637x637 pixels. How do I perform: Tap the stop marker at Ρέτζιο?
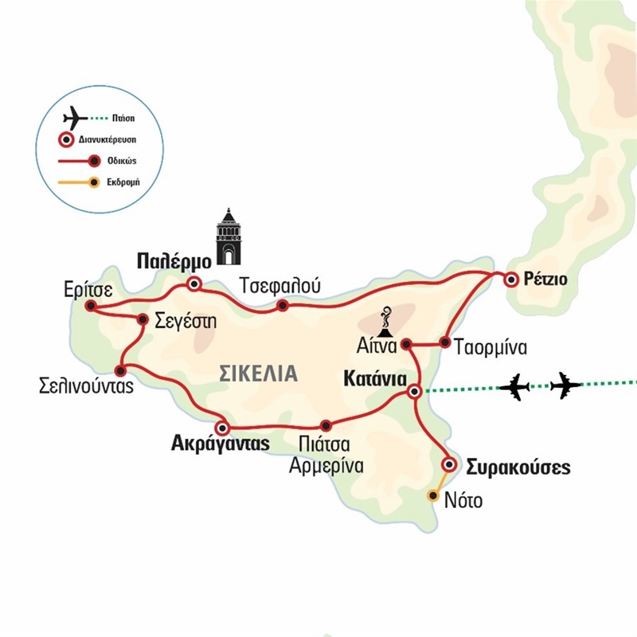click(510, 279)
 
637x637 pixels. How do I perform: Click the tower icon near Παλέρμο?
click(229, 236)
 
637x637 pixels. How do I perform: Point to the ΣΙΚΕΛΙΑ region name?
click(257, 373)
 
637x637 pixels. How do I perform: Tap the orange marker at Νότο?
click(432, 495)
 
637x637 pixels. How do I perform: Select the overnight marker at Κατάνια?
click(414, 391)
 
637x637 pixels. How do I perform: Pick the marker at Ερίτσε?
click(91, 306)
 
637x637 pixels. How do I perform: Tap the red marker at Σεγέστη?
click(142, 319)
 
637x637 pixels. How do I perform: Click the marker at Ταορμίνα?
click(445, 344)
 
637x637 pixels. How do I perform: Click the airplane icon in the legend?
click(75, 118)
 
